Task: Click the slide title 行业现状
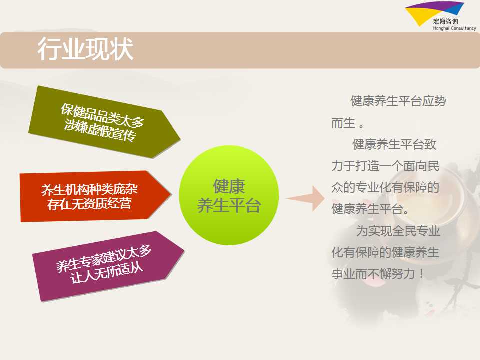point(85,49)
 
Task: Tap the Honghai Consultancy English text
point(454,28)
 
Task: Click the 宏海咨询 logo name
point(445,21)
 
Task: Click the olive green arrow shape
point(104,122)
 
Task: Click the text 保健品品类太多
point(102,115)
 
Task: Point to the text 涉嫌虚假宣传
point(100,130)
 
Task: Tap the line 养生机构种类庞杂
point(89,190)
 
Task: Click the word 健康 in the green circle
point(229,186)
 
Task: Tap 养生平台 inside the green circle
point(229,205)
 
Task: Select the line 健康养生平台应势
point(398,101)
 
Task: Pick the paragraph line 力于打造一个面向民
point(385,166)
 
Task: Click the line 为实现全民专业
point(398,231)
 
